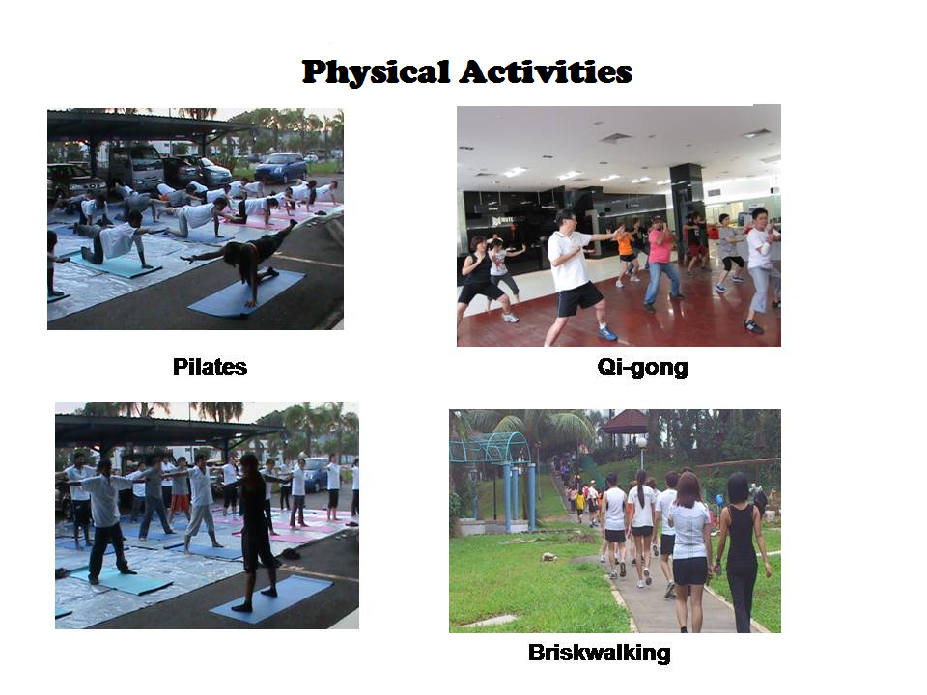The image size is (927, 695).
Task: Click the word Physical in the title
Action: tap(376, 72)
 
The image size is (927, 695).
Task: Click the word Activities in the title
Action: tap(546, 71)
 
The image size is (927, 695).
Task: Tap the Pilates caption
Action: tap(210, 367)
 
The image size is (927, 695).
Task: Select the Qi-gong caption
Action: tap(643, 368)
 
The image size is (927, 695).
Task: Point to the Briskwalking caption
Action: tap(600, 653)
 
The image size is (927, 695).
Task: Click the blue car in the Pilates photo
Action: tap(281, 168)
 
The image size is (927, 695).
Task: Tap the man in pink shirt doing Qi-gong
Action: tap(660, 263)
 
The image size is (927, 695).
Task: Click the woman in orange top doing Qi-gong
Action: tap(626, 255)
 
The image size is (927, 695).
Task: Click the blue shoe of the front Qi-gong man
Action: tap(607, 333)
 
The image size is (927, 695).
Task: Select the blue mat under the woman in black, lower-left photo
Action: tap(272, 598)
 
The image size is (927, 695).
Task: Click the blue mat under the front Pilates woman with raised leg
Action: tap(247, 293)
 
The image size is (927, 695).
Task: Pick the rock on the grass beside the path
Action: tap(549, 557)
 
